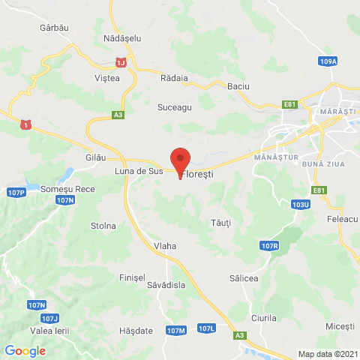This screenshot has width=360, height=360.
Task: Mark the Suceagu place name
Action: [x=175, y=107]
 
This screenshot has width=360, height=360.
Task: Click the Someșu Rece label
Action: [x=67, y=189]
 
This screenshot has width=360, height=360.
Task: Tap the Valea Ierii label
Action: [x=49, y=329]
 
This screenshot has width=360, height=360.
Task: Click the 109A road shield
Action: [x=328, y=61]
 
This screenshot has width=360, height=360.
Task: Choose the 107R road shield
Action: [x=270, y=245]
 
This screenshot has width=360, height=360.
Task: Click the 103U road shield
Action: [x=301, y=203]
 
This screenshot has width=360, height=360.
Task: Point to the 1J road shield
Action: [x=121, y=59]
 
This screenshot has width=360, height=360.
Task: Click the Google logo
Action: [x=25, y=350]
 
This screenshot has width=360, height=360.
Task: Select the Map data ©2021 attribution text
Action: [x=327, y=354]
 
